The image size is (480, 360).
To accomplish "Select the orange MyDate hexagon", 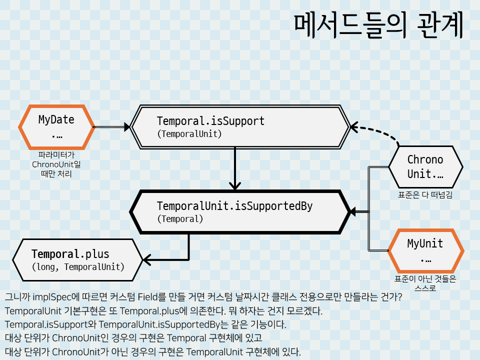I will click(56, 127).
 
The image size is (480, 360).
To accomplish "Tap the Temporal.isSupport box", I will click(239, 127).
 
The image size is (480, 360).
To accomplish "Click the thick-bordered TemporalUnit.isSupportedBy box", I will click(239, 211).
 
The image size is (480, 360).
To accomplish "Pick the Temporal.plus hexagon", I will click(77, 259).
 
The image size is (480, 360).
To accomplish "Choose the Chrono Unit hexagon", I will click(425, 166).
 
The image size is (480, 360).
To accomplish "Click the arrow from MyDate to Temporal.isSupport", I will click(111, 127).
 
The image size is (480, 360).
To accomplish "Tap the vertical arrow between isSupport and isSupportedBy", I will click(234, 167).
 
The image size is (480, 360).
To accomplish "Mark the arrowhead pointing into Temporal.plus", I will click(146, 259).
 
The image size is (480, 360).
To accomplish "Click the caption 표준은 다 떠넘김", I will click(425, 195).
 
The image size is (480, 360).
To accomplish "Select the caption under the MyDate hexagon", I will click(56, 164).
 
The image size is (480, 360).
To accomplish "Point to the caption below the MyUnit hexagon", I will click(425, 283).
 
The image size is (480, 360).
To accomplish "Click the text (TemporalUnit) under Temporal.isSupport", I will click(189, 134).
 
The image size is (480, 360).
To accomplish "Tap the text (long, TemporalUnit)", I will click(77, 266).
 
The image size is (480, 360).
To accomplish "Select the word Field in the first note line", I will click(151, 297).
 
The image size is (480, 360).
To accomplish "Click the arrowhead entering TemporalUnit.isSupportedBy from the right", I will click(353, 211).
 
